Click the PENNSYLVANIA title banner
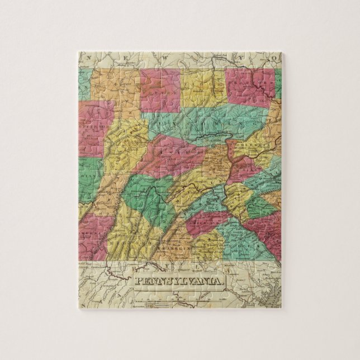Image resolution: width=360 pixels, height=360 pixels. pyautogui.click(x=176, y=279)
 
